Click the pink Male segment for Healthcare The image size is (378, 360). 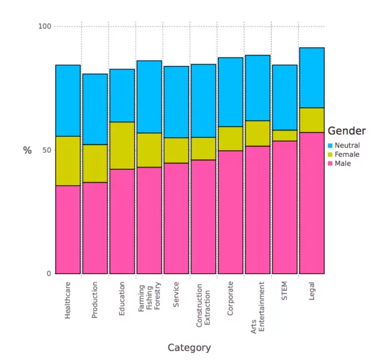(x=68, y=230)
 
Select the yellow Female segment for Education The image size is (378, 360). (x=122, y=145)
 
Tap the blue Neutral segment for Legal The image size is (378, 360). (x=311, y=77)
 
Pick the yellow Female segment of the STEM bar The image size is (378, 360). (x=285, y=136)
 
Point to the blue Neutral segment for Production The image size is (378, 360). (x=95, y=109)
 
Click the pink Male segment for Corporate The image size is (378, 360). (x=230, y=212)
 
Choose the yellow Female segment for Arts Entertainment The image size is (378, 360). (x=257, y=133)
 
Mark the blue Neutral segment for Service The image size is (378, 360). (x=176, y=102)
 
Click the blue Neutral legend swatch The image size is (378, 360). (x=330, y=146)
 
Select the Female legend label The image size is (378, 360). (x=346, y=155)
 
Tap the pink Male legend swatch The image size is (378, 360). (x=330, y=163)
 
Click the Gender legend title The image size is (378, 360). (x=346, y=131)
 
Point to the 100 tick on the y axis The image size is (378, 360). (x=45, y=26)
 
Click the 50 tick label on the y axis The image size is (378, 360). (x=48, y=150)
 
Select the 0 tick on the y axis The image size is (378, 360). (x=50, y=274)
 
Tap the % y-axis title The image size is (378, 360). (x=27, y=150)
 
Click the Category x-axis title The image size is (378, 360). (x=189, y=348)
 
